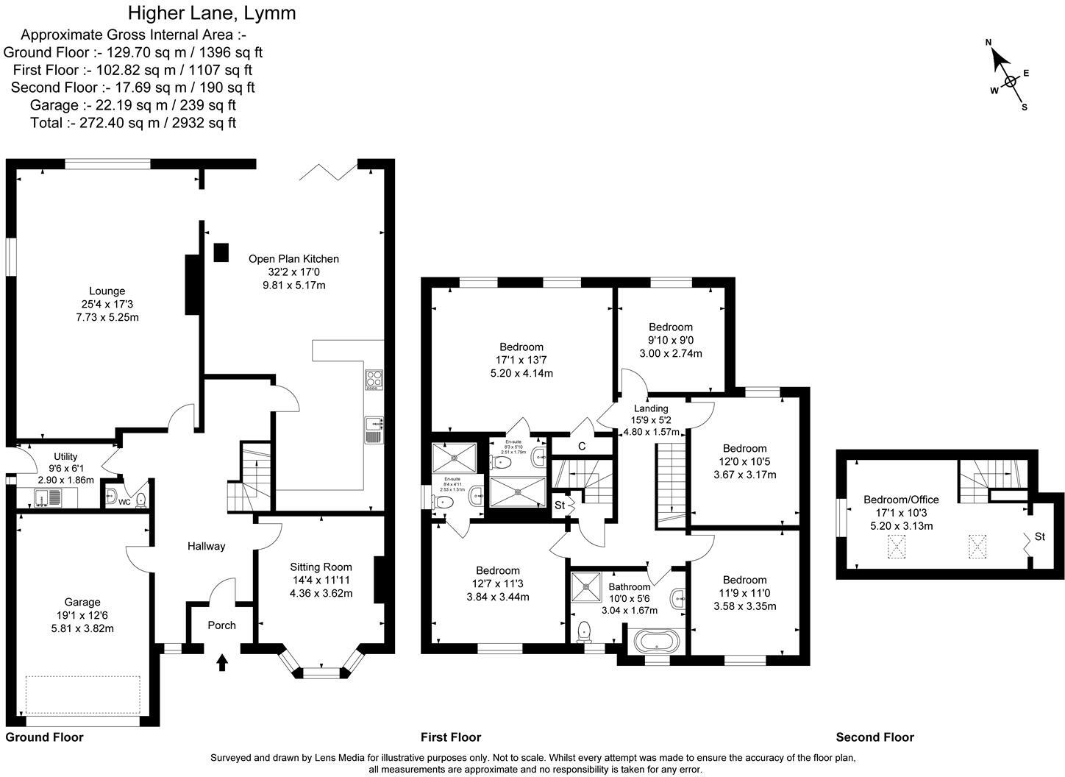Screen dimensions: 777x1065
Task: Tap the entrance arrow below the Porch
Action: click(221, 662)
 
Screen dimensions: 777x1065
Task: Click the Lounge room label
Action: click(107, 291)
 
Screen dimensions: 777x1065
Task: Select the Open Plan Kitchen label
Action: click(293, 258)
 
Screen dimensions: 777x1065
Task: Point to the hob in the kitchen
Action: click(374, 380)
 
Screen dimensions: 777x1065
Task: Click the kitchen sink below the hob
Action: click(374, 430)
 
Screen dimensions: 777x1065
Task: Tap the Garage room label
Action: click(82, 602)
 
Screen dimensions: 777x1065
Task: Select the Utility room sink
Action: click(49, 498)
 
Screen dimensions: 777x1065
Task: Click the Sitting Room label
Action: click(321, 567)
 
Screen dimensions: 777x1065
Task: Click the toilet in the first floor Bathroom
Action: click(585, 631)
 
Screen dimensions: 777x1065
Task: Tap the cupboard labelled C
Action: click(581, 446)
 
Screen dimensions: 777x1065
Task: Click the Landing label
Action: click(651, 408)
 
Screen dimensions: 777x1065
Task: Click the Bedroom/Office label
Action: click(901, 500)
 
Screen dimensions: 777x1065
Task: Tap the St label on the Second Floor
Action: click(1039, 537)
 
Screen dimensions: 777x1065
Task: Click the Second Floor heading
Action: click(875, 737)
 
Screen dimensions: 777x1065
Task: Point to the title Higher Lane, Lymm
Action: click(212, 13)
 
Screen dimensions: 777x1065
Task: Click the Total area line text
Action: click(133, 123)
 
